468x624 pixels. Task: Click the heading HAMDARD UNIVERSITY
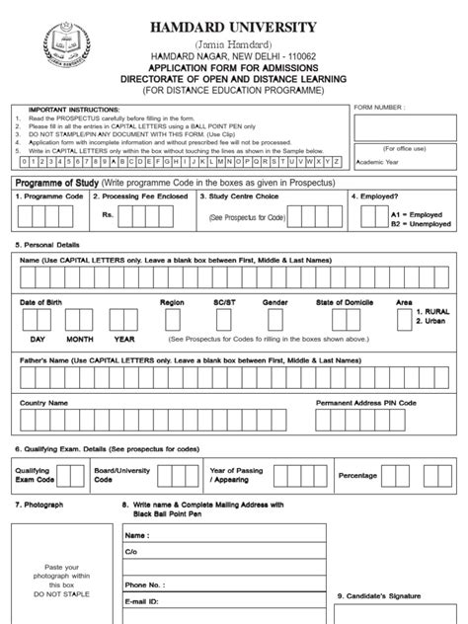233,27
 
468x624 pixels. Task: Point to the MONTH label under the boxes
80,338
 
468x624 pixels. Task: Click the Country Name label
44,403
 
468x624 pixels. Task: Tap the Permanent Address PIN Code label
365,403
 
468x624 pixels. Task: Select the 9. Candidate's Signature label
380,595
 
